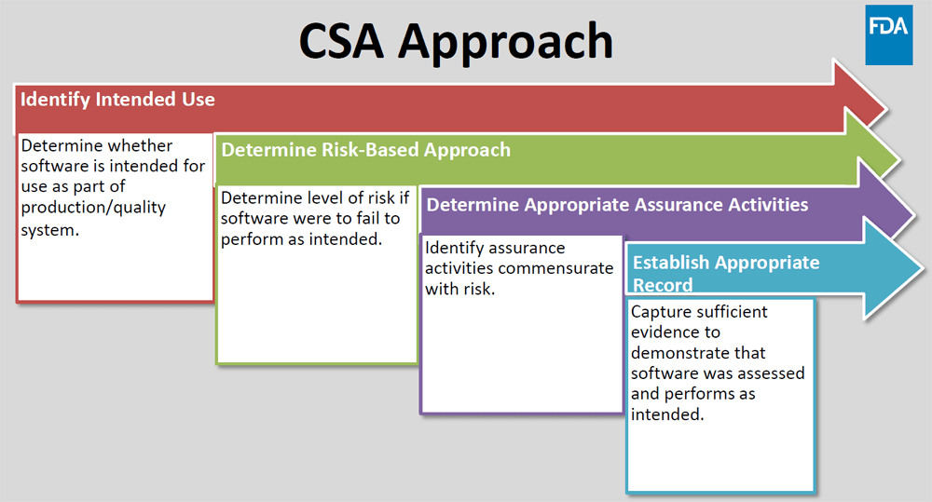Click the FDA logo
(x=888, y=34)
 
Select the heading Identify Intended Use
(x=117, y=99)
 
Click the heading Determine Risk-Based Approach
(x=365, y=149)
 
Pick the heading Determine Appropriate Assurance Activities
(x=617, y=204)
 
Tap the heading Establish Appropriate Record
(x=725, y=273)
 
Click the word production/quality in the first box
(x=93, y=208)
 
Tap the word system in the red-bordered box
(x=48, y=229)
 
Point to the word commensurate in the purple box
(x=556, y=268)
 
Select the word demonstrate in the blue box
(x=685, y=353)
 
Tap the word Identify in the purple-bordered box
(x=457, y=248)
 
